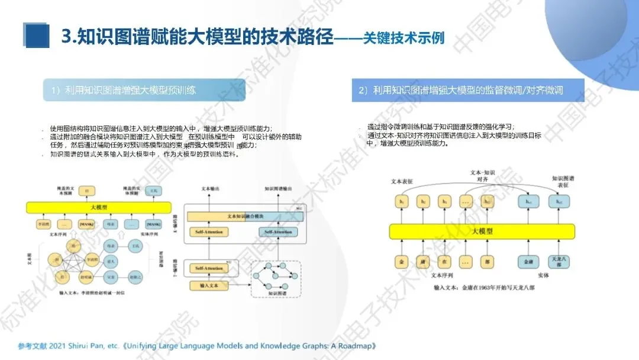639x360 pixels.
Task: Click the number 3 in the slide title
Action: click(x=67, y=37)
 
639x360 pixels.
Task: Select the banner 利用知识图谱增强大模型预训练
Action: click(x=144, y=90)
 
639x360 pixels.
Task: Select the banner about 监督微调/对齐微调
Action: click(x=468, y=91)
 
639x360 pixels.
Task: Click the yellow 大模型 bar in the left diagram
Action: click(x=99, y=207)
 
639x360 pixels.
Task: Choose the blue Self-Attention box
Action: click(x=277, y=232)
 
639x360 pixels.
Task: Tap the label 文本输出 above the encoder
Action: click(x=210, y=189)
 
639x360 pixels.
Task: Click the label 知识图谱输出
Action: click(x=276, y=189)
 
